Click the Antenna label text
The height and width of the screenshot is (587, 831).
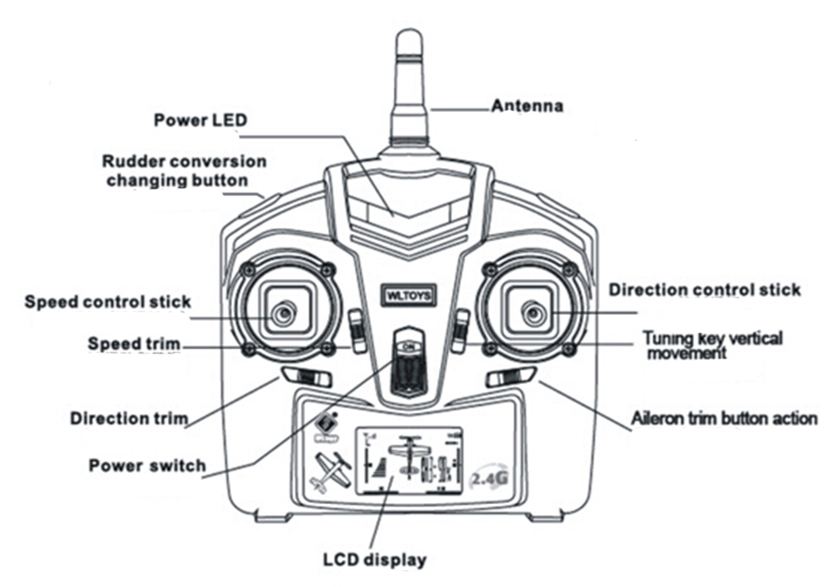tap(527, 107)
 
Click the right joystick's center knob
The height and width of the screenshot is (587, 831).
tap(532, 311)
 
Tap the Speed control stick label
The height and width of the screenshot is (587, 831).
tap(107, 302)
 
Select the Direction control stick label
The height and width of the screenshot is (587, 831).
tap(704, 290)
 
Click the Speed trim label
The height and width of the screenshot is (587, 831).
tap(134, 343)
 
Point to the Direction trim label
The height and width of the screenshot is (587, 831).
tap(129, 418)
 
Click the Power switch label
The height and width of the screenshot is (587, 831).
tap(147, 465)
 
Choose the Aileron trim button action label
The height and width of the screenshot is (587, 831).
tap(724, 418)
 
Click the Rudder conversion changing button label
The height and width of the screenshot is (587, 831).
tap(184, 171)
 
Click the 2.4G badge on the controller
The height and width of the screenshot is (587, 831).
tap(485, 479)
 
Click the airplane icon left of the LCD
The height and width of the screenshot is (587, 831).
tap(331, 472)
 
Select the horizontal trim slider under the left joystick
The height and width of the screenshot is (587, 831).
tap(306, 378)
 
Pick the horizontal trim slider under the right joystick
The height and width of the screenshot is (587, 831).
tap(510, 377)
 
